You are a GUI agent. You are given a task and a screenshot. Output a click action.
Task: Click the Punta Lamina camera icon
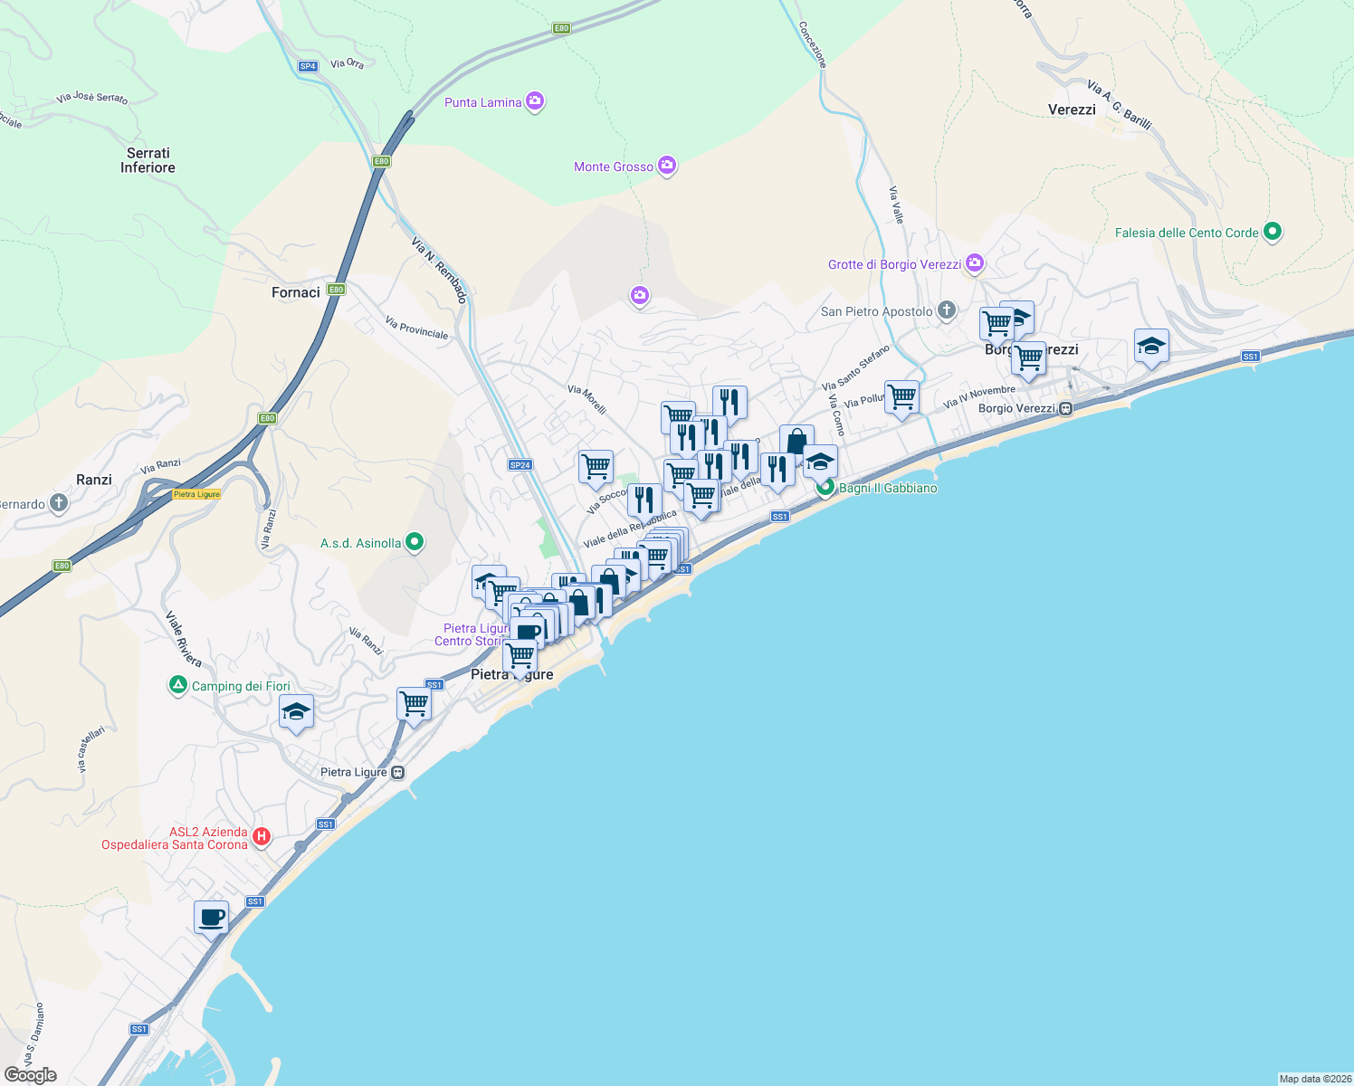[535, 100]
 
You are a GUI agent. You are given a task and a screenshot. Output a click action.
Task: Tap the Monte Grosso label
[613, 167]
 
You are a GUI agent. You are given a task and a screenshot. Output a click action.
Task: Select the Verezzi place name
[1072, 110]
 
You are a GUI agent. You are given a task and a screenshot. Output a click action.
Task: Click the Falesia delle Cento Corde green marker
[1272, 232]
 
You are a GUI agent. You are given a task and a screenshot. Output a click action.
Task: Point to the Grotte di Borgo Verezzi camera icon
[975, 263]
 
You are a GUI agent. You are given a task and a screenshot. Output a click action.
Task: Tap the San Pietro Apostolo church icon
[946, 310]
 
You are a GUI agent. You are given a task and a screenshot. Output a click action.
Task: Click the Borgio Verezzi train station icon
[1066, 408]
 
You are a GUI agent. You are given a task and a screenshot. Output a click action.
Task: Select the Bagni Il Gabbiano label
[888, 488]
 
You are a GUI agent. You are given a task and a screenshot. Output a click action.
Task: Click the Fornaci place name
[296, 292]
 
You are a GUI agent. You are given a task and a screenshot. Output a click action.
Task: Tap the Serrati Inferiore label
[148, 160]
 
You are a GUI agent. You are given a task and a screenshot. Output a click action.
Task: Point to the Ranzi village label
[94, 480]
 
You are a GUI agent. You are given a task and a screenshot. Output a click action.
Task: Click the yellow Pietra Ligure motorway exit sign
[196, 494]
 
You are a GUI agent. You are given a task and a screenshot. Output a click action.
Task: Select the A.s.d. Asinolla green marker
[415, 542]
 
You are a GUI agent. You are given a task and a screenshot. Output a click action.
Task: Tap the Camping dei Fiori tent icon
[178, 685]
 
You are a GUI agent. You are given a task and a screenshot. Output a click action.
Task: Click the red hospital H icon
[261, 836]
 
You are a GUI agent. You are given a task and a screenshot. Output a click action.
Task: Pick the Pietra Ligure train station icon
[398, 772]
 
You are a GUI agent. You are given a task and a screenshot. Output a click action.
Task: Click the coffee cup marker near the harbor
[211, 918]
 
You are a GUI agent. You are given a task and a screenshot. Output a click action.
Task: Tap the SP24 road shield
[520, 465]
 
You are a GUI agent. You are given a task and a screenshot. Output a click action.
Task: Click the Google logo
[31, 1075]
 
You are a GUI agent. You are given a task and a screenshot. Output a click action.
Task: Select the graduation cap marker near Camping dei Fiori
[296, 712]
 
